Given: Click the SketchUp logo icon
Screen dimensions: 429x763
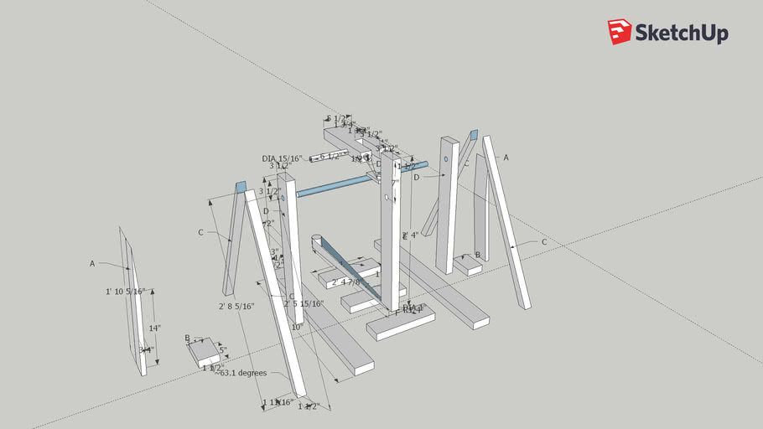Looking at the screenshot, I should click(620, 32).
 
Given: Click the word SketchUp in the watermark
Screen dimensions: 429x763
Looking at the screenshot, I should click(681, 34).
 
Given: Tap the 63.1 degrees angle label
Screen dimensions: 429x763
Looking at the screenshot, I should click(241, 373).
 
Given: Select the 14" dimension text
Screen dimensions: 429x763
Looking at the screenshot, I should click(154, 328).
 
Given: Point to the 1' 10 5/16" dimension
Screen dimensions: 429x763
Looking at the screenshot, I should click(126, 292).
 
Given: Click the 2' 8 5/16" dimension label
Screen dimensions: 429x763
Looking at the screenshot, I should click(236, 307).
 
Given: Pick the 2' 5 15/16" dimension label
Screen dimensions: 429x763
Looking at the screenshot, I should click(304, 303).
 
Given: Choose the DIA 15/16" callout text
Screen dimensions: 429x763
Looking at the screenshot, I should click(282, 158).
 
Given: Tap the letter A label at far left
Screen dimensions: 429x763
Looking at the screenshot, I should click(92, 263).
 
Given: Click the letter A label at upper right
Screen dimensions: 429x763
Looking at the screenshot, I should click(506, 157).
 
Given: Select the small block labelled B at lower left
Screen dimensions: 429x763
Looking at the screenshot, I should click(205, 354).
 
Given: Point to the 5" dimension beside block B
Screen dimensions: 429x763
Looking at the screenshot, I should click(223, 350).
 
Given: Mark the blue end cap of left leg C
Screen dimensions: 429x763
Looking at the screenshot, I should click(241, 187).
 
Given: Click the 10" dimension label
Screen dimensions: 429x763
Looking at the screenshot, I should click(296, 328).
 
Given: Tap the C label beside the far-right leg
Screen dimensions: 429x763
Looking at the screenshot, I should click(544, 242).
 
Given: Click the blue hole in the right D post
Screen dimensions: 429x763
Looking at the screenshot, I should click(445, 158).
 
